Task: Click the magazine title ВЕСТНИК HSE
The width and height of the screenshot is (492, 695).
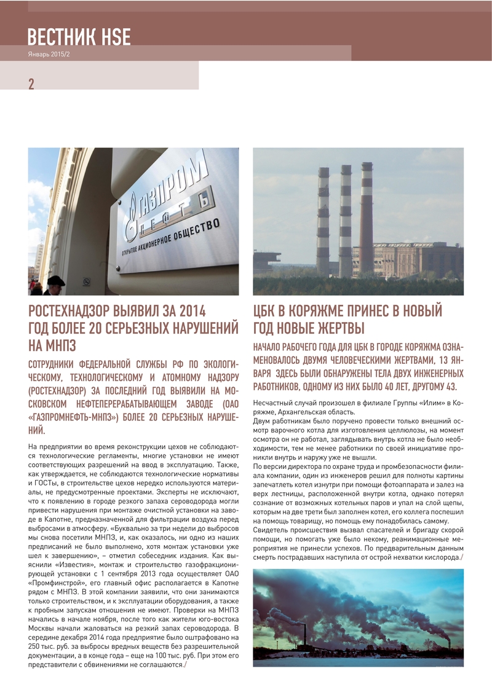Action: (x=79, y=37)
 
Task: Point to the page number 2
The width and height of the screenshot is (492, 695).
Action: (x=31, y=84)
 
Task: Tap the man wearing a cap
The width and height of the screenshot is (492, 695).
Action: (x=55, y=285)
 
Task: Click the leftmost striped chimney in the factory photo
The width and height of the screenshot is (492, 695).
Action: (x=323, y=221)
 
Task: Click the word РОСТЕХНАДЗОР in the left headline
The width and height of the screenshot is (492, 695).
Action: (x=77, y=311)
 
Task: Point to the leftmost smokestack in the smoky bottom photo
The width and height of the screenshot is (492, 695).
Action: (x=304, y=635)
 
